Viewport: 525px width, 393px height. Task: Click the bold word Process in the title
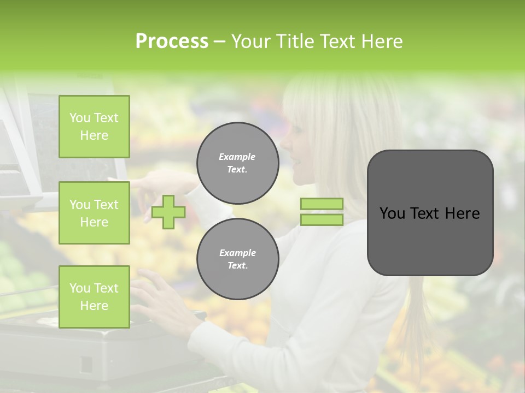[x=172, y=41]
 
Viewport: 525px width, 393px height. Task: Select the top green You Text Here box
[x=94, y=127]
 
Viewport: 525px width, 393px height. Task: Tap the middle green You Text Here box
[x=94, y=213]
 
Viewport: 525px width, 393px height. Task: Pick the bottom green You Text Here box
[x=94, y=296]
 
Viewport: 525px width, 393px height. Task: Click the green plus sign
[x=168, y=212]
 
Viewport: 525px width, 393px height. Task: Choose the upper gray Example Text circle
[x=237, y=163]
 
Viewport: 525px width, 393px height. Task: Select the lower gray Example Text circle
[x=237, y=259]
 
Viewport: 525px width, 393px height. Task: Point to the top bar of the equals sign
[x=322, y=204]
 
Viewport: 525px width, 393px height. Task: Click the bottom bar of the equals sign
[x=322, y=219]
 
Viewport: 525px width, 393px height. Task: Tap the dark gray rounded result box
[x=430, y=213]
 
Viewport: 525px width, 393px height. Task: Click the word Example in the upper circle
[x=237, y=157]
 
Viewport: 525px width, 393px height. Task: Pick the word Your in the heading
[x=251, y=41]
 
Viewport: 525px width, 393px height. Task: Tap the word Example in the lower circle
[x=237, y=253]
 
